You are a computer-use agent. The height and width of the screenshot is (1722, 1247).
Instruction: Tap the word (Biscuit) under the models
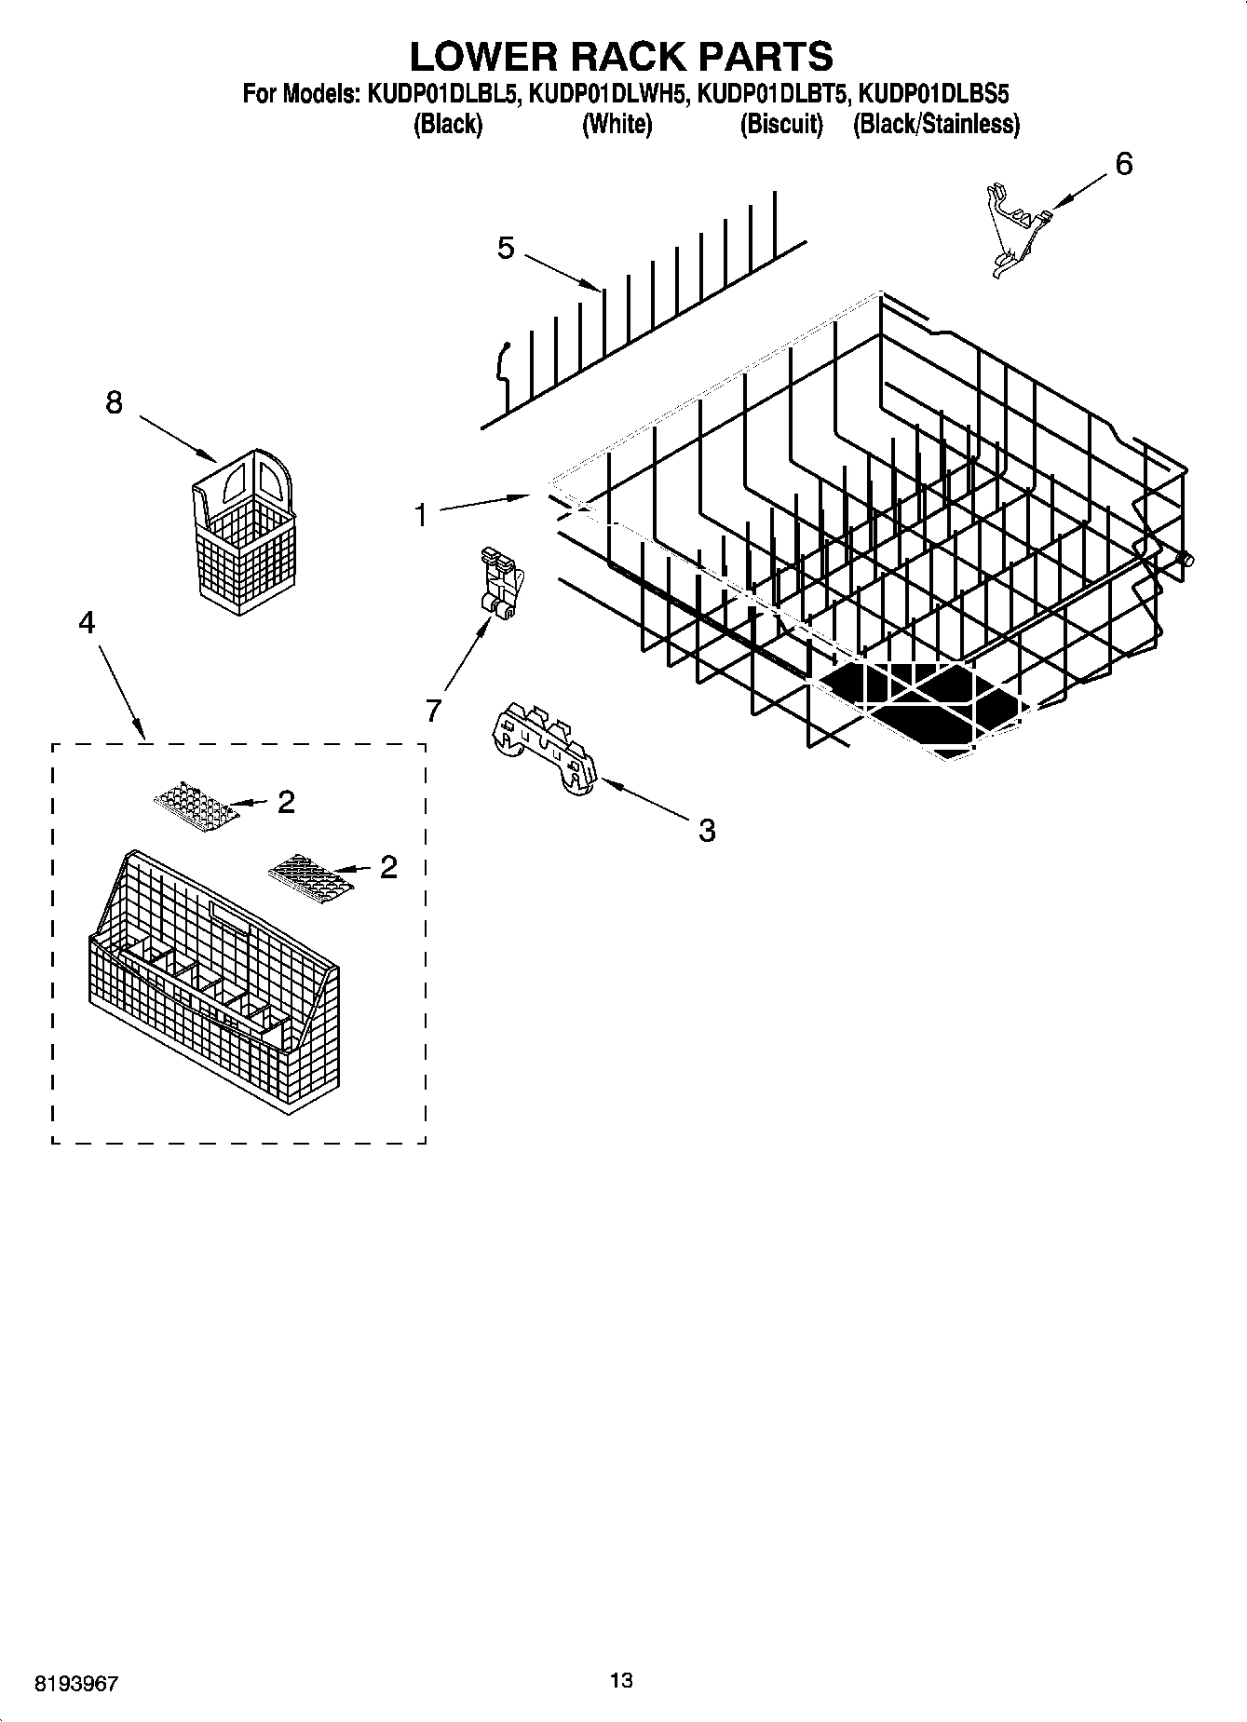point(781,124)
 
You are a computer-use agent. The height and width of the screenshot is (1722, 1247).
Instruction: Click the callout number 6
point(1124,165)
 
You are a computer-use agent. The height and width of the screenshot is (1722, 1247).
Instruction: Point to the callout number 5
point(506,248)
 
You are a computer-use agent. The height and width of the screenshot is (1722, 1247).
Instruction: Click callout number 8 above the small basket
point(114,402)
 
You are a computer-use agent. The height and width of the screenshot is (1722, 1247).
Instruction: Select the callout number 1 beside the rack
point(421,514)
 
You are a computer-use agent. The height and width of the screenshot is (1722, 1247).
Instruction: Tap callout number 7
point(433,711)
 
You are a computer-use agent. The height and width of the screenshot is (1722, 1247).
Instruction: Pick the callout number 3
point(707,830)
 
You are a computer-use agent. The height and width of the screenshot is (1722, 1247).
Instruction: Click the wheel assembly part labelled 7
point(500,583)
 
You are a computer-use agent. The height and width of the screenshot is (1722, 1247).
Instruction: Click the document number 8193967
point(76,1683)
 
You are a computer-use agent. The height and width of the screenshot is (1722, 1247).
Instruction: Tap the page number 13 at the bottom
point(621,1680)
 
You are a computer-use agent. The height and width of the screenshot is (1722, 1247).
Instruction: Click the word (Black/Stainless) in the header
point(936,124)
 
